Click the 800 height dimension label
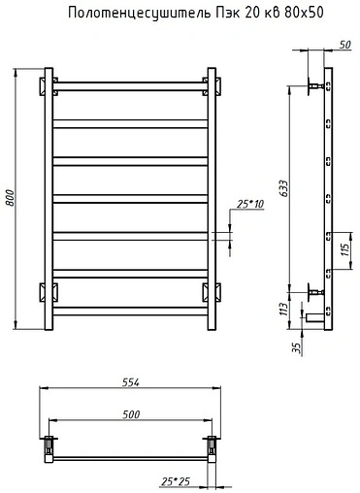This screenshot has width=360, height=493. (x=11, y=198)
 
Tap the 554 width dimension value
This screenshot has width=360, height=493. (x=130, y=382)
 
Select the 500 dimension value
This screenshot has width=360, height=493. (x=131, y=414)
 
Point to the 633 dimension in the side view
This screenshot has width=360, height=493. (x=283, y=188)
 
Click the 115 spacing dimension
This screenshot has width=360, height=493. (x=345, y=249)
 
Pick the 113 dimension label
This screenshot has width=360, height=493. (x=283, y=310)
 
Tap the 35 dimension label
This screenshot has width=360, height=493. (x=297, y=347)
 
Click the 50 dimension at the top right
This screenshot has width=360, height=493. (x=344, y=45)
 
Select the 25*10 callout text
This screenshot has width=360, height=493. (x=250, y=204)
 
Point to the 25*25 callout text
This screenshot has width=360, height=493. (x=176, y=481)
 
